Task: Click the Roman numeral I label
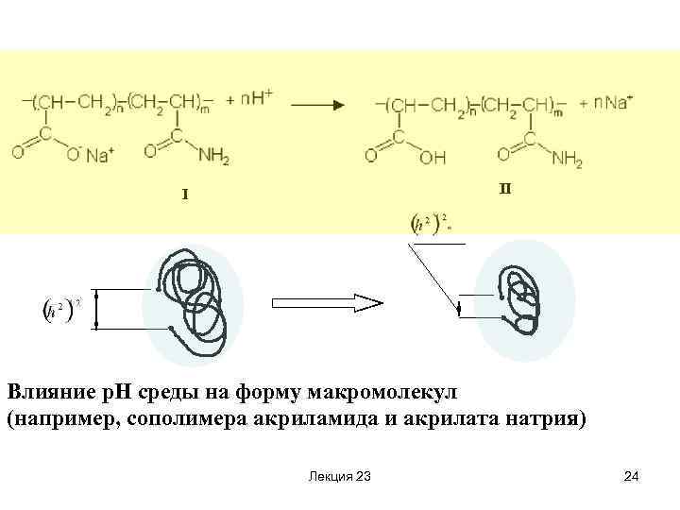(x=185, y=195)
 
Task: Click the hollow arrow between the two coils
(x=327, y=303)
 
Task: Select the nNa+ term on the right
(x=607, y=101)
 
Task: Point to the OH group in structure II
(x=433, y=159)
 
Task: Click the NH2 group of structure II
(x=566, y=160)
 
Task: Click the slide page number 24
(x=632, y=476)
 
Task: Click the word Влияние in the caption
(x=46, y=390)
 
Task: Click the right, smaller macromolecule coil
(x=522, y=299)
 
